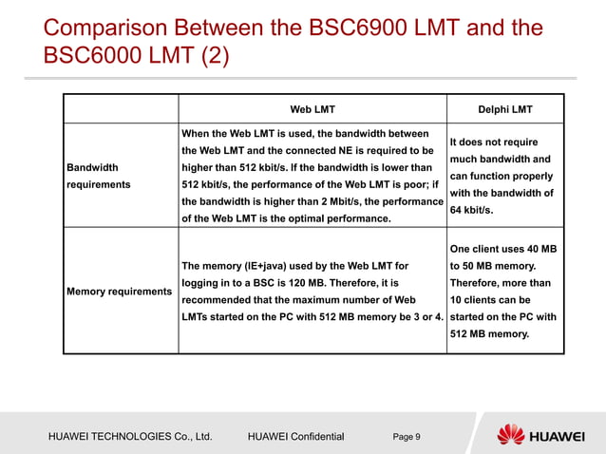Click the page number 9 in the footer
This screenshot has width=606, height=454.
(x=407, y=437)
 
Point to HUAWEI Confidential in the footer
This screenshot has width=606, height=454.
(x=294, y=437)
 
